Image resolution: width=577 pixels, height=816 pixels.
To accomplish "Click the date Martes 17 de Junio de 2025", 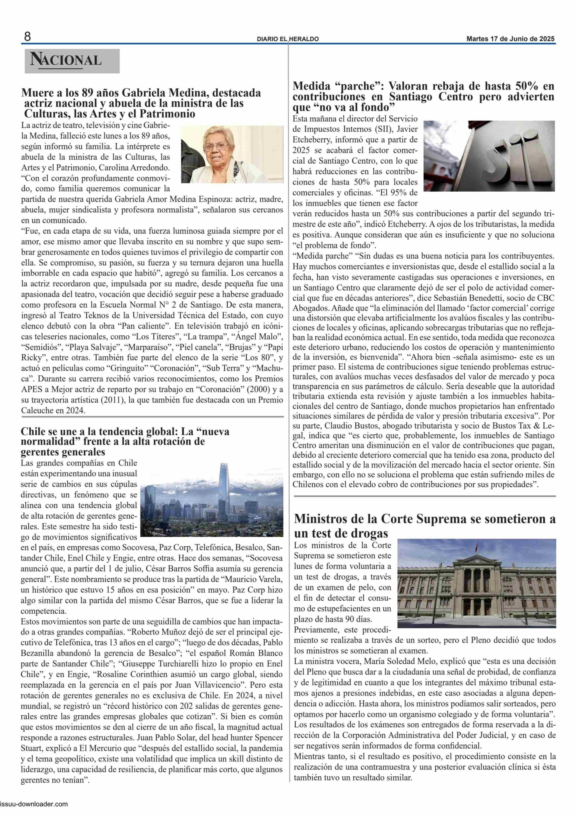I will pyautogui.click(x=510, y=39).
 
